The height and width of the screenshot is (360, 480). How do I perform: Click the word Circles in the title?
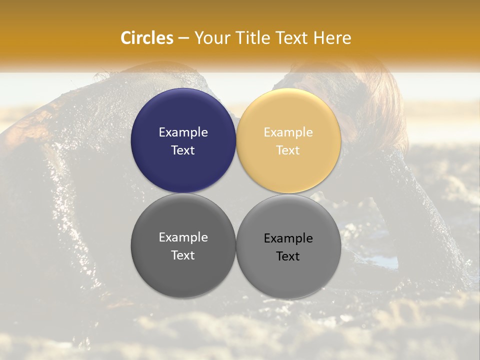147,38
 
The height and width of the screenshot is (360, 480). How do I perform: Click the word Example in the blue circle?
183,132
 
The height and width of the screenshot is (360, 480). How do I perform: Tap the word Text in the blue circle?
183,150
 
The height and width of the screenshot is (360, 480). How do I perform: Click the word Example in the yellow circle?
288,132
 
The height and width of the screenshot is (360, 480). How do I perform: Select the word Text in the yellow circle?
288,150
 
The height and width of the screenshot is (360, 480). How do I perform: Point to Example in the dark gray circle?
183,237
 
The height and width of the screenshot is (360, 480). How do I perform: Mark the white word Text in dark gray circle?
183,255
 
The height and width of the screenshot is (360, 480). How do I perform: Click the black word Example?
288,238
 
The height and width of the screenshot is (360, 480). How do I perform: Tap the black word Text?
288,256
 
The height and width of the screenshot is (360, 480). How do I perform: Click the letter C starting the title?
125,38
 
